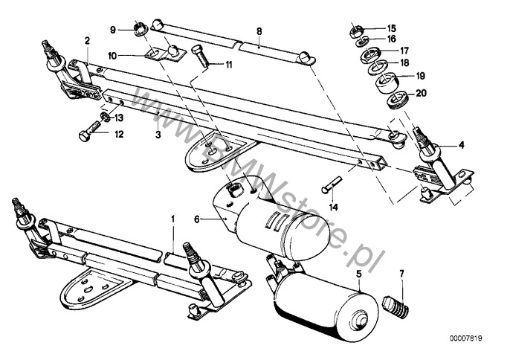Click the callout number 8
259,31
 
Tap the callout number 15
392,28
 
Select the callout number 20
421,93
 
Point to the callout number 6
196,219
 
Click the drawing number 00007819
466,338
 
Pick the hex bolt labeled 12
88,130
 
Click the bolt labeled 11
201,56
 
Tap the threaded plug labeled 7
396,307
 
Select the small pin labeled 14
332,184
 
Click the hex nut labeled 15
355,31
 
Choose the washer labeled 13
105,115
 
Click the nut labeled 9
141,28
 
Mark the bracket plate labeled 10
165,54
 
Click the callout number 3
158,135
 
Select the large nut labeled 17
369,55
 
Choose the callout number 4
461,145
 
